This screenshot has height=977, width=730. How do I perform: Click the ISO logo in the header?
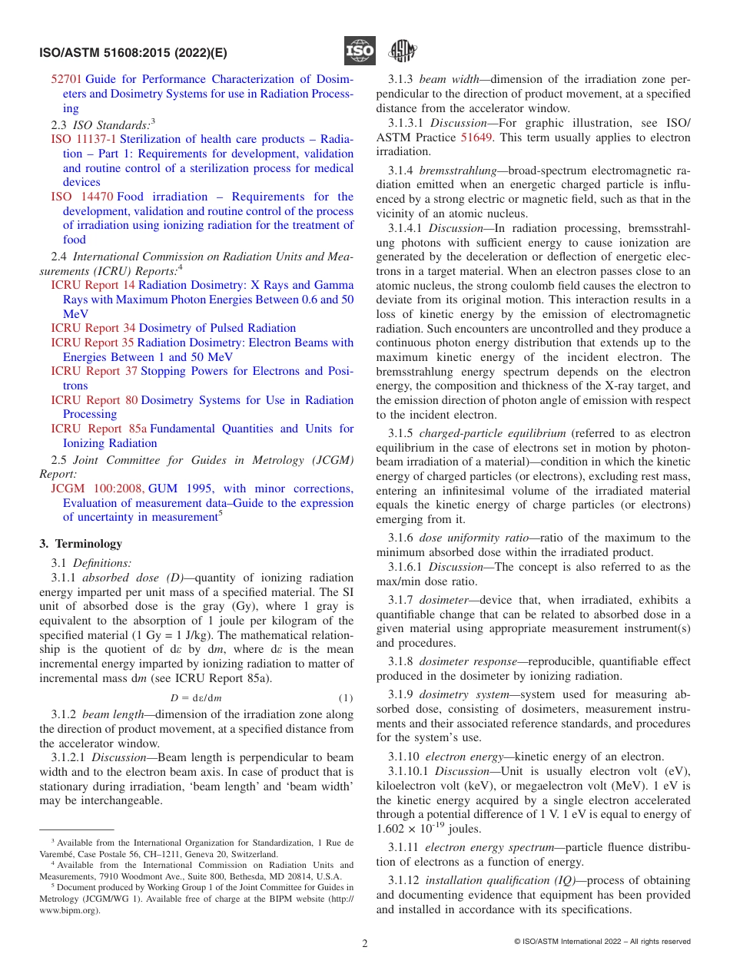[360, 51]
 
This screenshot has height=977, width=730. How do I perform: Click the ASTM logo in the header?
[402, 51]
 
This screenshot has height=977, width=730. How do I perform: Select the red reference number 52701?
[66, 79]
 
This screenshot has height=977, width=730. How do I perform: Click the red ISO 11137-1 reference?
[84, 139]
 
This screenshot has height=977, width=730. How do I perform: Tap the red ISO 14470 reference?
[82, 197]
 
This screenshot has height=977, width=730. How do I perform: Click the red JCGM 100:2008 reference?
[98, 488]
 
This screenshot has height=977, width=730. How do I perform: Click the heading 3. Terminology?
[81, 544]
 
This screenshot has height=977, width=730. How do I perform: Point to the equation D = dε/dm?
[196, 698]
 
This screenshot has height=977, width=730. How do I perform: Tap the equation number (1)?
[346, 698]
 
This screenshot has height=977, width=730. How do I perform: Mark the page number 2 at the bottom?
[365, 944]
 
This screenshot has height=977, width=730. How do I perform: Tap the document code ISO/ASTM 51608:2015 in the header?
[132, 53]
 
